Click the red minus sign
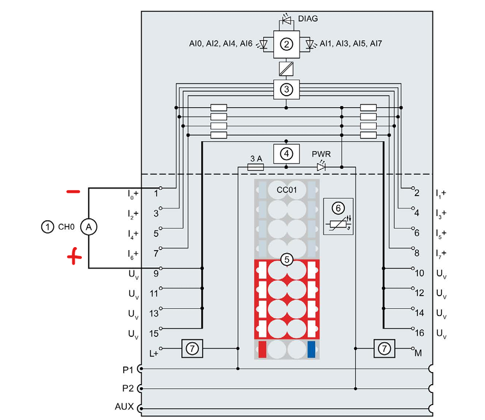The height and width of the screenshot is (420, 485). point(73,192)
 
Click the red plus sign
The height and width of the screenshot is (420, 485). point(74,258)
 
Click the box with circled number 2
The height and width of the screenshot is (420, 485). point(287,44)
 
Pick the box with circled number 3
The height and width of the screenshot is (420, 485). point(287,90)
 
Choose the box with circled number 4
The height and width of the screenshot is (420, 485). point(287,153)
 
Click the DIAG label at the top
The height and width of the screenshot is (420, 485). point(308,19)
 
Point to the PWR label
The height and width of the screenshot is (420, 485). point(321,154)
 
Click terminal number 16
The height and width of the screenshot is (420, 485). point(419,332)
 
